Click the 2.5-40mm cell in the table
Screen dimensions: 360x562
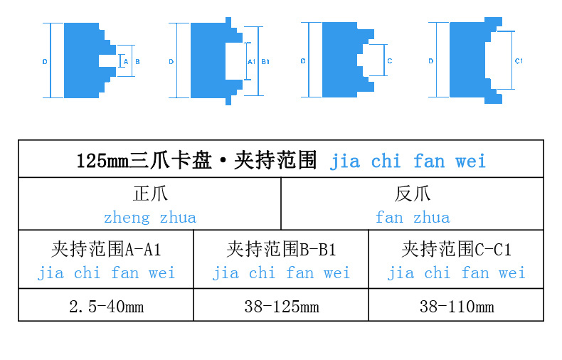(106, 307)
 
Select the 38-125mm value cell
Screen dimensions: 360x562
(281, 307)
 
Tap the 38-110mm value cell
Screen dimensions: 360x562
(456, 307)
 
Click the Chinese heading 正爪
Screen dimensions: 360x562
(150, 194)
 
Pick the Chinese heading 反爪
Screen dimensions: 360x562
(413, 194)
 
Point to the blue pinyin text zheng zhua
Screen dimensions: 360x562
(150, 217)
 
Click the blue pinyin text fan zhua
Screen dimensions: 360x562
(413, 217)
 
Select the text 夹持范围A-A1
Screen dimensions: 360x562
(106, 249)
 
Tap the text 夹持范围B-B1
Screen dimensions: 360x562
(281, 249)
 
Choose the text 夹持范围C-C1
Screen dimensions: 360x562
(456, 249)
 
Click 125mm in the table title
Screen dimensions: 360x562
(102, 161)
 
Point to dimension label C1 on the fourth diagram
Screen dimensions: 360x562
(519, 61)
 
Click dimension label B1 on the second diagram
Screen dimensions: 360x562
(265, 62)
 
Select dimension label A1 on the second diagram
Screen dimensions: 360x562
(251, 62)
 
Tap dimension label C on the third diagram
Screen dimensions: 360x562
(390, 61)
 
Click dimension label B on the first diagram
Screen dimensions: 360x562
(137, 62)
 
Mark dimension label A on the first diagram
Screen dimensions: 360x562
(126, 62)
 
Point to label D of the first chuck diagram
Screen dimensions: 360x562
(44, 62)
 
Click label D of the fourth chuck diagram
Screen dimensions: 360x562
(431, 62)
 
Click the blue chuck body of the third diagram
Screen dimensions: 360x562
(339, 60)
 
